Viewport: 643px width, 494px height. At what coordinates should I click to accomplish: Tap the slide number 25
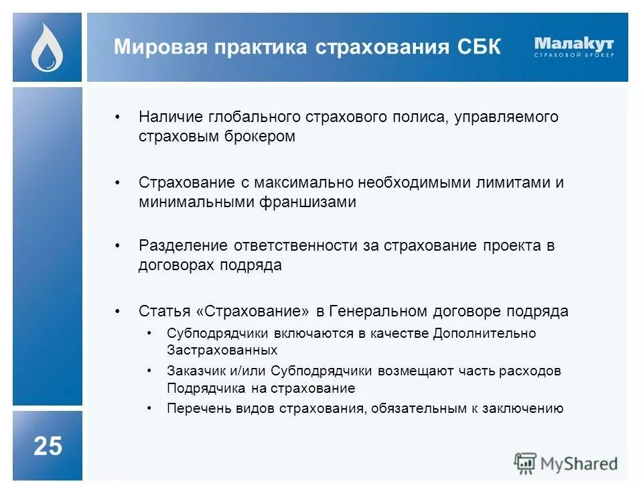[x=48, y=446]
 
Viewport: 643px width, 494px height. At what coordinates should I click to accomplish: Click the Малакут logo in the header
[x=574, y=46]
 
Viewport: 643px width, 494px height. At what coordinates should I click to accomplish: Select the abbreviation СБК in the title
[x=478, y=48]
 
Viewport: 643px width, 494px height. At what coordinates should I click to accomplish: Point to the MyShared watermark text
[x=579, y=463]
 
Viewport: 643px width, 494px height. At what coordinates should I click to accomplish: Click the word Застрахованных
[x=222, y=350]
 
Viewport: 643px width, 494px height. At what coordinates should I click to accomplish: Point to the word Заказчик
[x=192, y=371]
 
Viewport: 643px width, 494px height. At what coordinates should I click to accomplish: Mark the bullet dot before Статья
[x=118, y=312]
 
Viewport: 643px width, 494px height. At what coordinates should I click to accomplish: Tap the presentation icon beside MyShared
[x=525, y=463]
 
